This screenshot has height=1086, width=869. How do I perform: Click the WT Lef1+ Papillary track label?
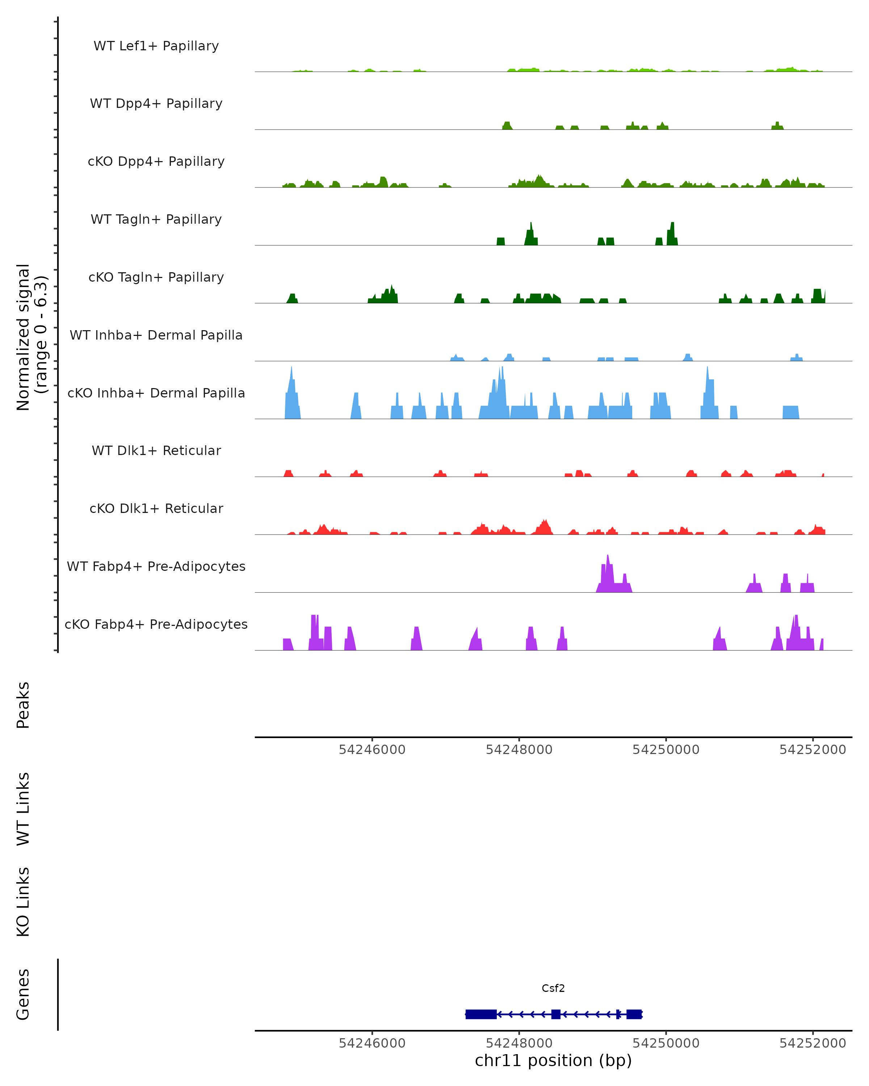click(x=156, y=46)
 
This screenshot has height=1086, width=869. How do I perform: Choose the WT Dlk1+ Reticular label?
click(x=156, y=450)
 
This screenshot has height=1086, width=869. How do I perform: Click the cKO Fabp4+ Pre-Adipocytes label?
click(x=156, y=624)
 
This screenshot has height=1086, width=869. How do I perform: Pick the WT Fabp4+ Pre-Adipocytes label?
click(x=156, y=566)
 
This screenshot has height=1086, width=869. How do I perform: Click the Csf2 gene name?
click(x=553, y=988)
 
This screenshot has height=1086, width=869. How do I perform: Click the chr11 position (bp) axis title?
click(x=553, y=1061)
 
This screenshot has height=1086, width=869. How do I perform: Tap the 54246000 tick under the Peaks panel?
click(x=372, y=750)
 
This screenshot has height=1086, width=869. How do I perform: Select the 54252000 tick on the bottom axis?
click(x=813, y=1043)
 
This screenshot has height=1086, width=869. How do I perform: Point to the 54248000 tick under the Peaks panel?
click(x=519, y=750)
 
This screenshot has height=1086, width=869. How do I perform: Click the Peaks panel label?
click(x=23, y=705)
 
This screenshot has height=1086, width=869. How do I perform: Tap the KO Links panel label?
click(x=23, y=902)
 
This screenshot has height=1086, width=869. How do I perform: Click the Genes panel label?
click(x=23, y=994)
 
